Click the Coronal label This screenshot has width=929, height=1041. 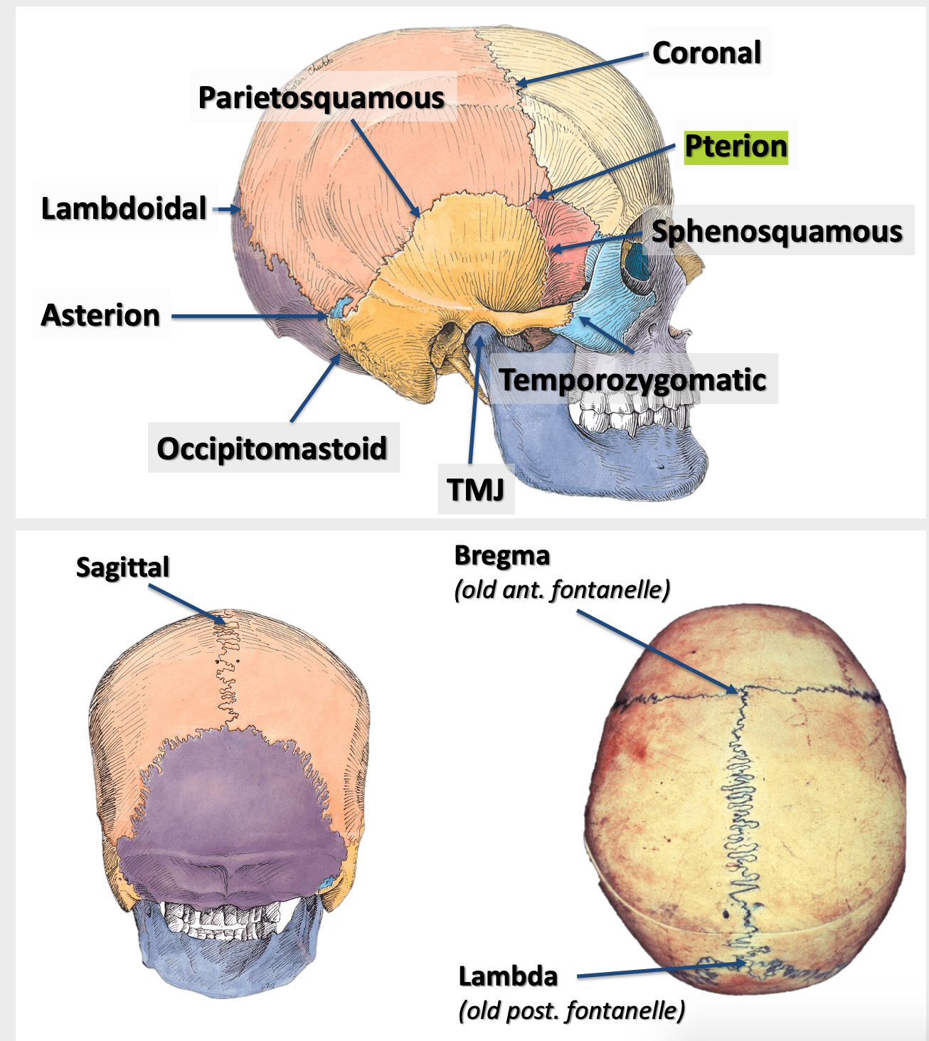pos(706,53)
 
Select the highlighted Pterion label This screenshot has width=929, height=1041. pos(736,146)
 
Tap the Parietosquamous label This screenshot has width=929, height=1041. pos(321,97)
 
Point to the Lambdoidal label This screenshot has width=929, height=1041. pos(124,208)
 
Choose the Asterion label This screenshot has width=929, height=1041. pos(100,315)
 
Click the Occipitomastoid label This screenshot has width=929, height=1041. pos(272,449)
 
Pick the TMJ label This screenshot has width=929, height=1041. pos(475,489)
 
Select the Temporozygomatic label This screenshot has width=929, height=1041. pos(632,380)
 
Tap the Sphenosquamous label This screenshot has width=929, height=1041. pos(777,232)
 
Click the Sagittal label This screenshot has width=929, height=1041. pos(122,567)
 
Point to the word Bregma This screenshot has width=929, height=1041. pos(502,555)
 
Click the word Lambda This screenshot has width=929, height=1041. pos(508,976)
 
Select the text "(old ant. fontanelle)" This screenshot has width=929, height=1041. pos(562,589)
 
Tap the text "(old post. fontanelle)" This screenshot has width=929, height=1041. pos(572,1010)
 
